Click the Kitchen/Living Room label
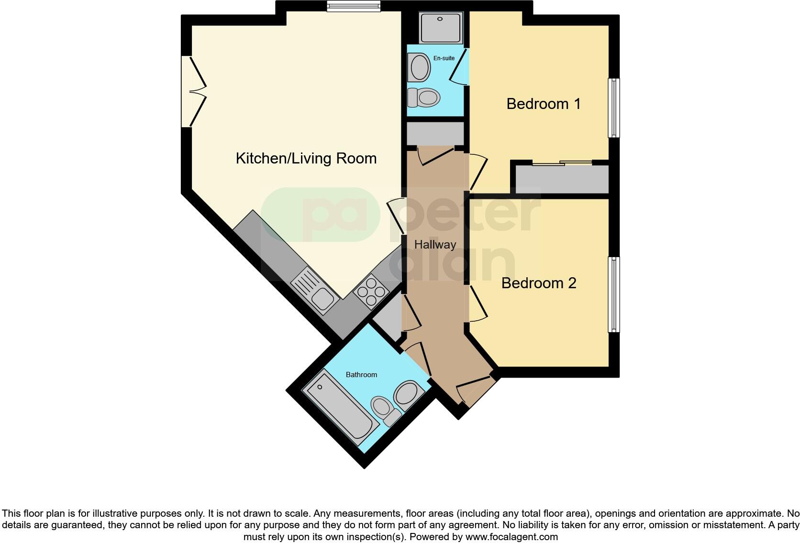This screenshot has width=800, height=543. click(x=306, y=158)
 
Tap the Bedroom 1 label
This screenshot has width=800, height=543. click(x=543, y=104)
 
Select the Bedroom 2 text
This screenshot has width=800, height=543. click(x=538, y=283)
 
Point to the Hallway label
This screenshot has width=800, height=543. click(x=435, y=245)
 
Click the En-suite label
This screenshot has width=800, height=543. click(x=444, y=58)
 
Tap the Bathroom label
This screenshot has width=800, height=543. click(x=361, y=375)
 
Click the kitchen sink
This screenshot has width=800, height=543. click(x=316, y=291)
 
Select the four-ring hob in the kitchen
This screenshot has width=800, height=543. click(x=371, y=291)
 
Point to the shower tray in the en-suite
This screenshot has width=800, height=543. click(x=441, y=27)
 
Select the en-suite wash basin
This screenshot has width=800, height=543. click(x=420, y=67)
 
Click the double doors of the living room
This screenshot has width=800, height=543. click(x=193, y=92)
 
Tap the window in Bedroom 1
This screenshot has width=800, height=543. click(x=613, y=108)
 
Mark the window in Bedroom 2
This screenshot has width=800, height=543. click(x=613, y=294)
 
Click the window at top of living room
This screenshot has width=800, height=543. click(x=354, y=6)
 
